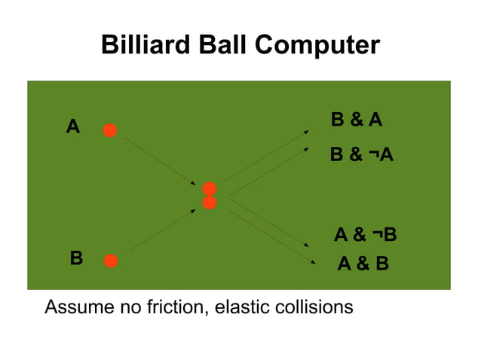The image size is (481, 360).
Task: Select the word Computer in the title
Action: coord(317,45)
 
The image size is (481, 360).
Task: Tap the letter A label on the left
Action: coord(72,127)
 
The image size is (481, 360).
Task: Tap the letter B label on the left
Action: coord(76,258)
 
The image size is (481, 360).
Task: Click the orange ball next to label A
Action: coord(110,130)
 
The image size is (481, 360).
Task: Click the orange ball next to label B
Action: coord(111,261)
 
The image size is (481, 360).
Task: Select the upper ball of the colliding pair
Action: coord(210,188)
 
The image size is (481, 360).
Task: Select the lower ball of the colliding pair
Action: coord(210,203)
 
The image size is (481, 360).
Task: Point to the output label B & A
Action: coord(357,121)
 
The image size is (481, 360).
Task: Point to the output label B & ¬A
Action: coord(362,155)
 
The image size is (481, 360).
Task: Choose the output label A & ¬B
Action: coord(365,236)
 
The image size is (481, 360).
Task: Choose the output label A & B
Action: coord(363,264)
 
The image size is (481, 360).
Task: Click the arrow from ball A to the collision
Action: coord(159,160)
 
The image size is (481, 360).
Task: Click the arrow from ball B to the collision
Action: coord(163,230)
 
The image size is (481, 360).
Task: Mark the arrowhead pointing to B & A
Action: coord(306,132)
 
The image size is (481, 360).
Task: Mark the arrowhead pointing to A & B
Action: coord(313,261)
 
